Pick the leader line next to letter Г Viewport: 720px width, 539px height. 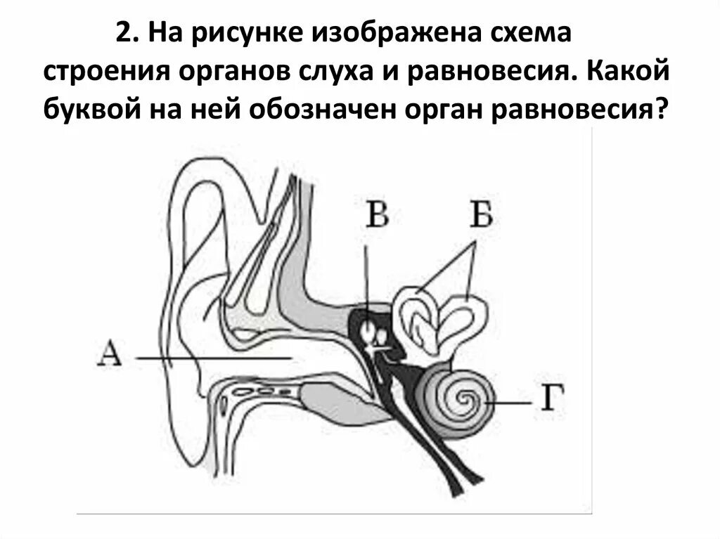pyautogui.click(x=510, y=403)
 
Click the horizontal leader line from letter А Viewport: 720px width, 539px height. pyautogui.click(x=211, y=358)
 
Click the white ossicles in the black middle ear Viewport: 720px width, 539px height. pyautogui.click(x=373, y=334)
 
